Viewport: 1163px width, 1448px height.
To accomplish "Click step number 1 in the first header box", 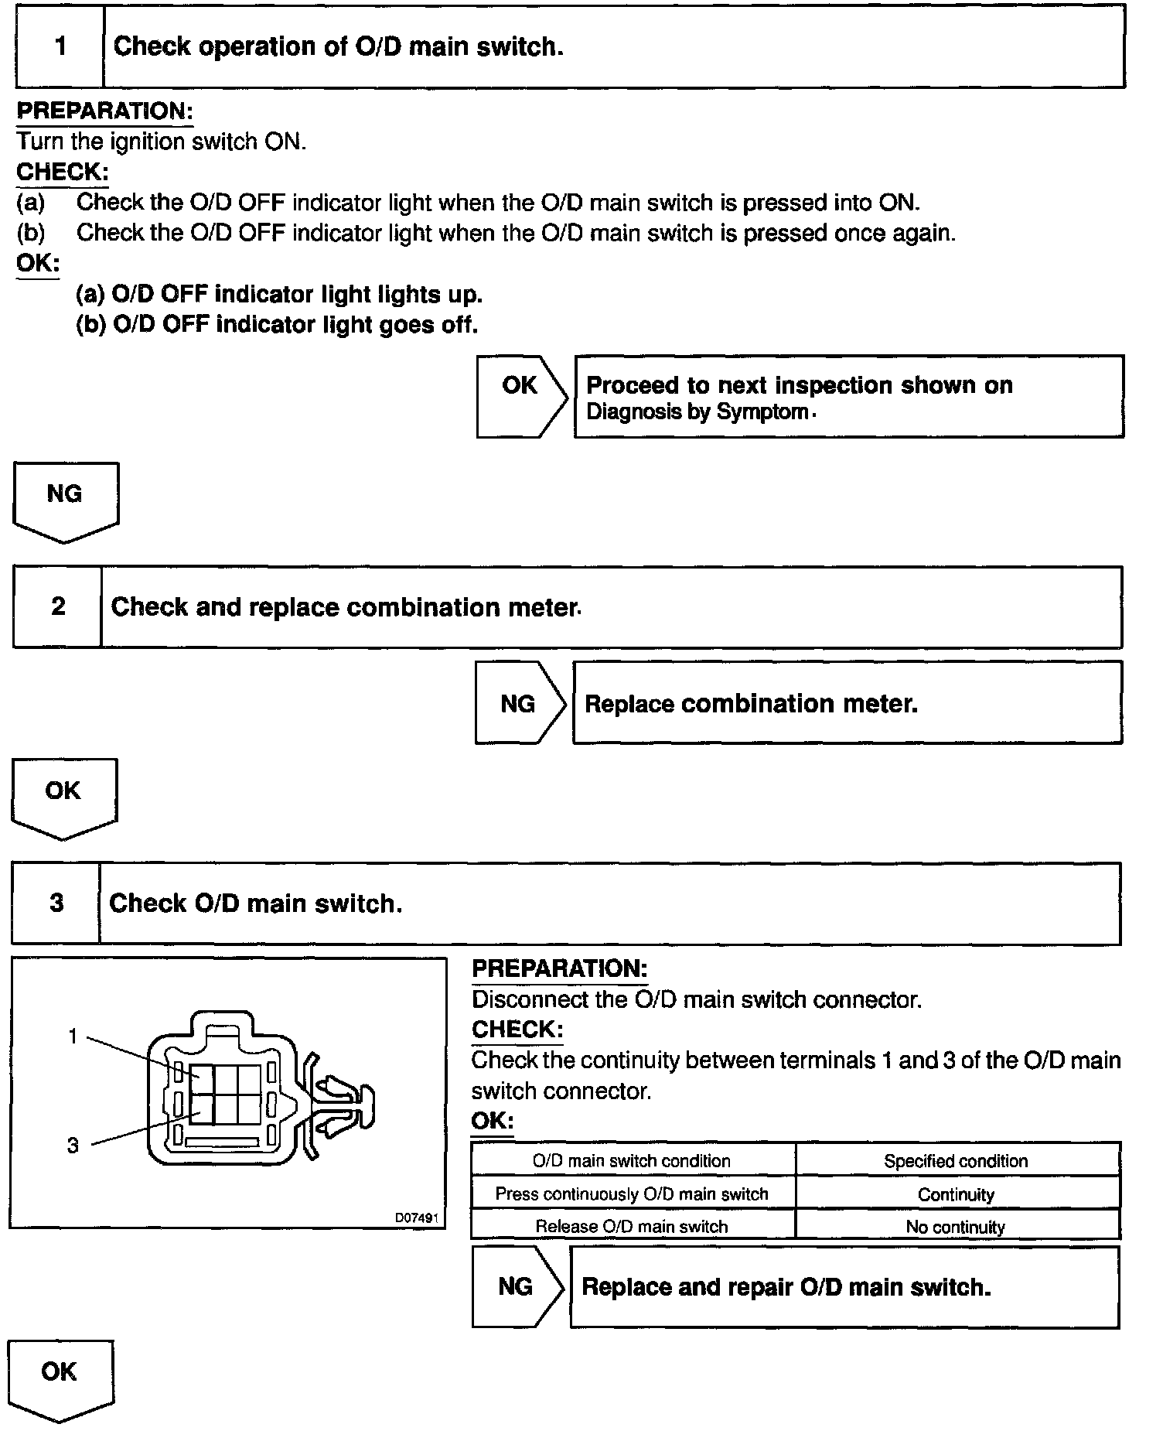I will tap(60, 46).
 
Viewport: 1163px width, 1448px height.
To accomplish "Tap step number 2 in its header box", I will tap(58, 606).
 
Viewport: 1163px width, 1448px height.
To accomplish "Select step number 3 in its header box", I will tap(56, 903).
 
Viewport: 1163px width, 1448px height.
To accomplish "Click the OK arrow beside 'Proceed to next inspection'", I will tap(520, 395).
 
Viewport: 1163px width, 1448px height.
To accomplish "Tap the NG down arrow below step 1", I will tap(65, 498).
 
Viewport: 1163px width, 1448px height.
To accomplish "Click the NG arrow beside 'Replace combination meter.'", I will tap(519, 703).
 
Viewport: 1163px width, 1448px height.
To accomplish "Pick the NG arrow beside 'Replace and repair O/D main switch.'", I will tap(516, 1286).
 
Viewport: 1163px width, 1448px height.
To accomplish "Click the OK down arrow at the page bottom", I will tap(60, 1377).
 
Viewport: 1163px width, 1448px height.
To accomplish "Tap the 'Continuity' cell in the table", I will tap(956, 1194).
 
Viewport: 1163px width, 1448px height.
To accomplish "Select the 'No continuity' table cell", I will tap(956, 1227).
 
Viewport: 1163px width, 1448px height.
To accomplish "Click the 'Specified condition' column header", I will tap(956, 1161).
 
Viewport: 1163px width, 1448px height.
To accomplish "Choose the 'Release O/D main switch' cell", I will tap(632, 1227).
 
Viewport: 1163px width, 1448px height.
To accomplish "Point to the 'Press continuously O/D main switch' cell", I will tap(632, 1194).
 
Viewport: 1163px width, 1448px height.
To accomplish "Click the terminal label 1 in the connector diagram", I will tap(73, 1036).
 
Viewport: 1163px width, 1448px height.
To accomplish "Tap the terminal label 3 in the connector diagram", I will tap(73, 1146).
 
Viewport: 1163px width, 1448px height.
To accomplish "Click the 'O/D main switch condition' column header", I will tap(632, 1161).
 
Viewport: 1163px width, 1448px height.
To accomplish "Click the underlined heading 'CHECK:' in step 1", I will tap(62, 172).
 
